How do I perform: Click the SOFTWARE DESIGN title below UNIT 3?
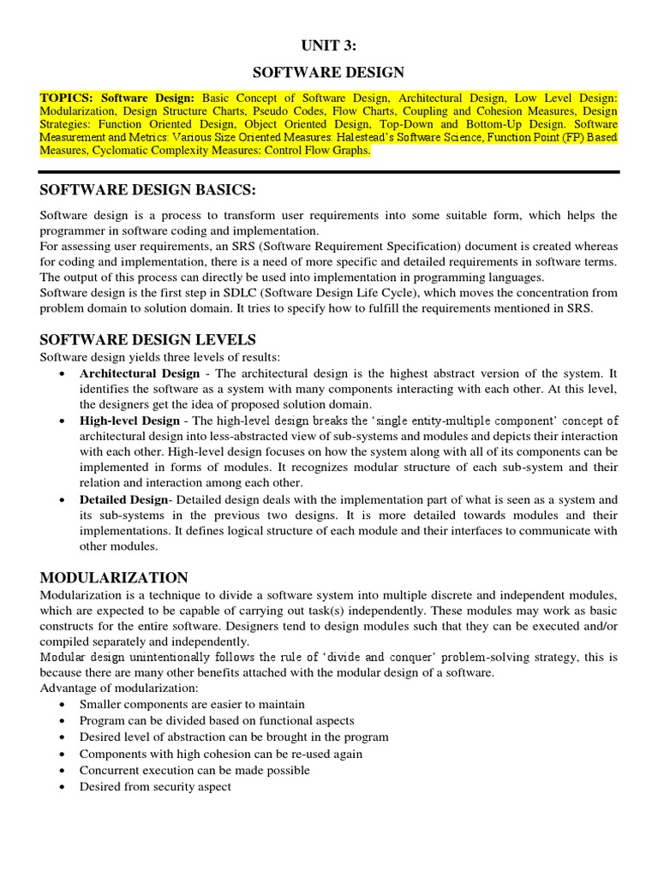tap(329, 73)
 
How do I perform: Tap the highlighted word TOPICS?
tap(68, 98)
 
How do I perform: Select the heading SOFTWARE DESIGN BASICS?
tap(149, 188)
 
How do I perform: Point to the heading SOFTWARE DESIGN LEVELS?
tap(148, 339)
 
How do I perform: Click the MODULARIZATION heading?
tap(115, 577)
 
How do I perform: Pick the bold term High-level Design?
tap(129, 421)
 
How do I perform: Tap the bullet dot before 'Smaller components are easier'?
tap(63, 704)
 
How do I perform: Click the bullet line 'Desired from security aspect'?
tap(155, 786)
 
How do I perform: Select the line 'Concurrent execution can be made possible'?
tap(194, 770)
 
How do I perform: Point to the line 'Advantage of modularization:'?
tap(119, 687)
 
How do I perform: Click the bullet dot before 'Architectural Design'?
tap(63, 374)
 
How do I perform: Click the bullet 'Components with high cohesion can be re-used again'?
tap(221, 754)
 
